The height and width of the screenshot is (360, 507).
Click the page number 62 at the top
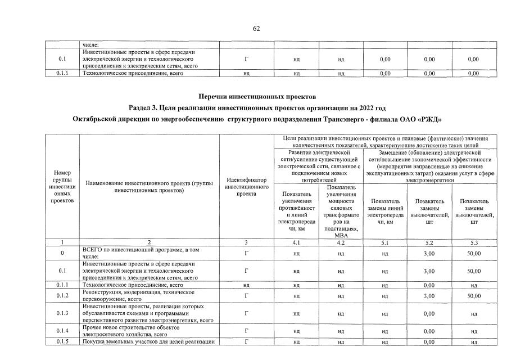tap(256, 29)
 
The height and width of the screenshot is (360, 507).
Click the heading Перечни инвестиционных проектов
tap(254, 97)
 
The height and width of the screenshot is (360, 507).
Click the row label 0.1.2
tap(62, 295)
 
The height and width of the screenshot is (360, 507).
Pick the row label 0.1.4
tap(62, 331)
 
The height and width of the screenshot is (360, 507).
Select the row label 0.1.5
tap(62, 341)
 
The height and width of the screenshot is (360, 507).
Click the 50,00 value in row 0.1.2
tap(474, 295)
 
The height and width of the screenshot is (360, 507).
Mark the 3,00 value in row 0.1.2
tap(429, 295)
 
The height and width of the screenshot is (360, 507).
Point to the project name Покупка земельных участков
tap(148, 341)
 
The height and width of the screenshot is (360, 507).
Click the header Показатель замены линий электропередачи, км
tap(385, 211)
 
